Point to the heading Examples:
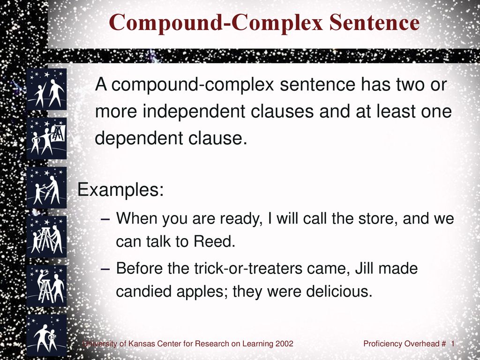coord(120,190)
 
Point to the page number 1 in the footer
coord(452,344)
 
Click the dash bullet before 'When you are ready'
coord(106,219)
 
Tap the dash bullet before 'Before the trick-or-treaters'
coord(106,269)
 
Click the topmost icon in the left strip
coord(46,89)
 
